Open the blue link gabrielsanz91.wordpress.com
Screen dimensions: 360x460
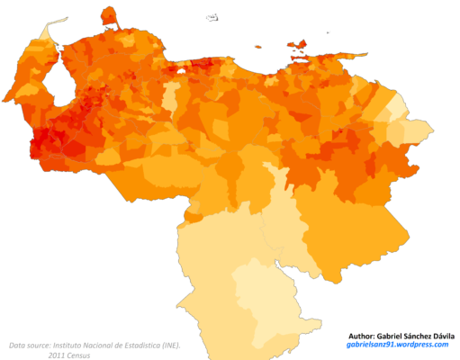397,345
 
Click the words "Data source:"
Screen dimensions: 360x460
28,345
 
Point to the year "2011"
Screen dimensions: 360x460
58,355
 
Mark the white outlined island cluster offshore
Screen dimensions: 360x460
212,15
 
